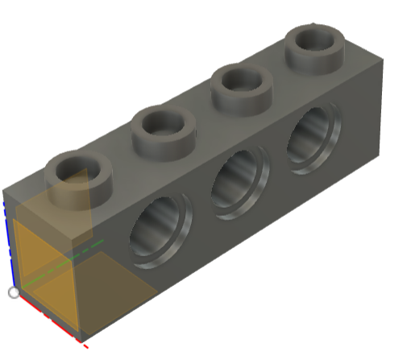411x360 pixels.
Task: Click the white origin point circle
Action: pyautogui.click(x=14, y=292)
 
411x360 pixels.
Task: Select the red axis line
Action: pyautogui.click(x=48, y=319)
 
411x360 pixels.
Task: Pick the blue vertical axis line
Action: pyautogui.click(x=8, y=242)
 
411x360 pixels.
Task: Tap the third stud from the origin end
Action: pyautogui.click(x=240, y=88)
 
